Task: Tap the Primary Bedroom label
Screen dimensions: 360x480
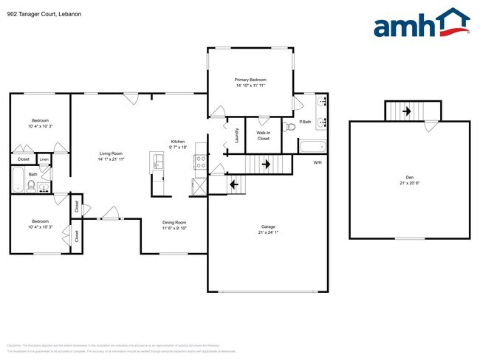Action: pyautogui.click(x=250, y=80)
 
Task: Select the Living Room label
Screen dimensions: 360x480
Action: pyautogui.click(x=111, y=153)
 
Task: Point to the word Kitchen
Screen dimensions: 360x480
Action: pyautogui.click(x=178, y=142)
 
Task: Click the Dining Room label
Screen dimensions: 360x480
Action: pyautogui.click(x=174, y=222)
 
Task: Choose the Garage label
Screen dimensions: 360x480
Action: pyautogui.click(x=267, y=226)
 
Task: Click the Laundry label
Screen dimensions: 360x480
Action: pyautogui.click(x=236, y=135)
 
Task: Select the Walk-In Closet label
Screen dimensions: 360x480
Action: pyautogui.click(x=264, y=135)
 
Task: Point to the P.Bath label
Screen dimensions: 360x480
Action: pyautogui.click(x=304, y=122)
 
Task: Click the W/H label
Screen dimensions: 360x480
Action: pyautogui.click(x=317, y=162)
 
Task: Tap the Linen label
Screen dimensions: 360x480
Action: pyautogui.click(x=44, y=159)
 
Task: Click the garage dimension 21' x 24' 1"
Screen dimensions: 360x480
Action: pyautogui.click(x=267, y=232)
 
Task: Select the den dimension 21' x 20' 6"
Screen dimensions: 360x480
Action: pyautogui.click(x=409, y=183)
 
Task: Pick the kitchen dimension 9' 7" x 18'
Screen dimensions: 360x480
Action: pyautogui.click(x=178, y=148)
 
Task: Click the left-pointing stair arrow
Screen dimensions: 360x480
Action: pyautogui.click(x=235, y=184)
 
